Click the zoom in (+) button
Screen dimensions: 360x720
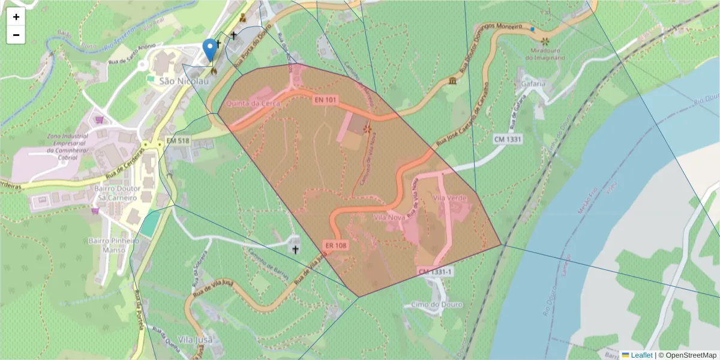pyautogui.click(x=16, y=17)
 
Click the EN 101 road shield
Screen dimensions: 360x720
pyautogui.click(x=324, y=100)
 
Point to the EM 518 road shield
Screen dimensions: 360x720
pyautogui.click(x=178, y=140)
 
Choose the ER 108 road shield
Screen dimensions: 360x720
pyautogui.click(x=336, y=245)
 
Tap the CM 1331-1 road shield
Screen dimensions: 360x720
pyautogui.click(x=436, y=272)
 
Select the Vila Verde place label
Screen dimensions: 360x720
pyautogui.click(x=449, y=198)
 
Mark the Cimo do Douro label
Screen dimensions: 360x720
pyautogui.click(x=437, y=304)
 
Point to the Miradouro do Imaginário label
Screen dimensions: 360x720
pyautogui.click(x=545, y=55)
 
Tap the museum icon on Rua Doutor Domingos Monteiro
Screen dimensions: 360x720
pyautogui.click(x=451, y=81)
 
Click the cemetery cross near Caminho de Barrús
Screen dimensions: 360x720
pyautogui.click(x=295, y=248)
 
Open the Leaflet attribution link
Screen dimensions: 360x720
pyautogui.click(x=640, y=355)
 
